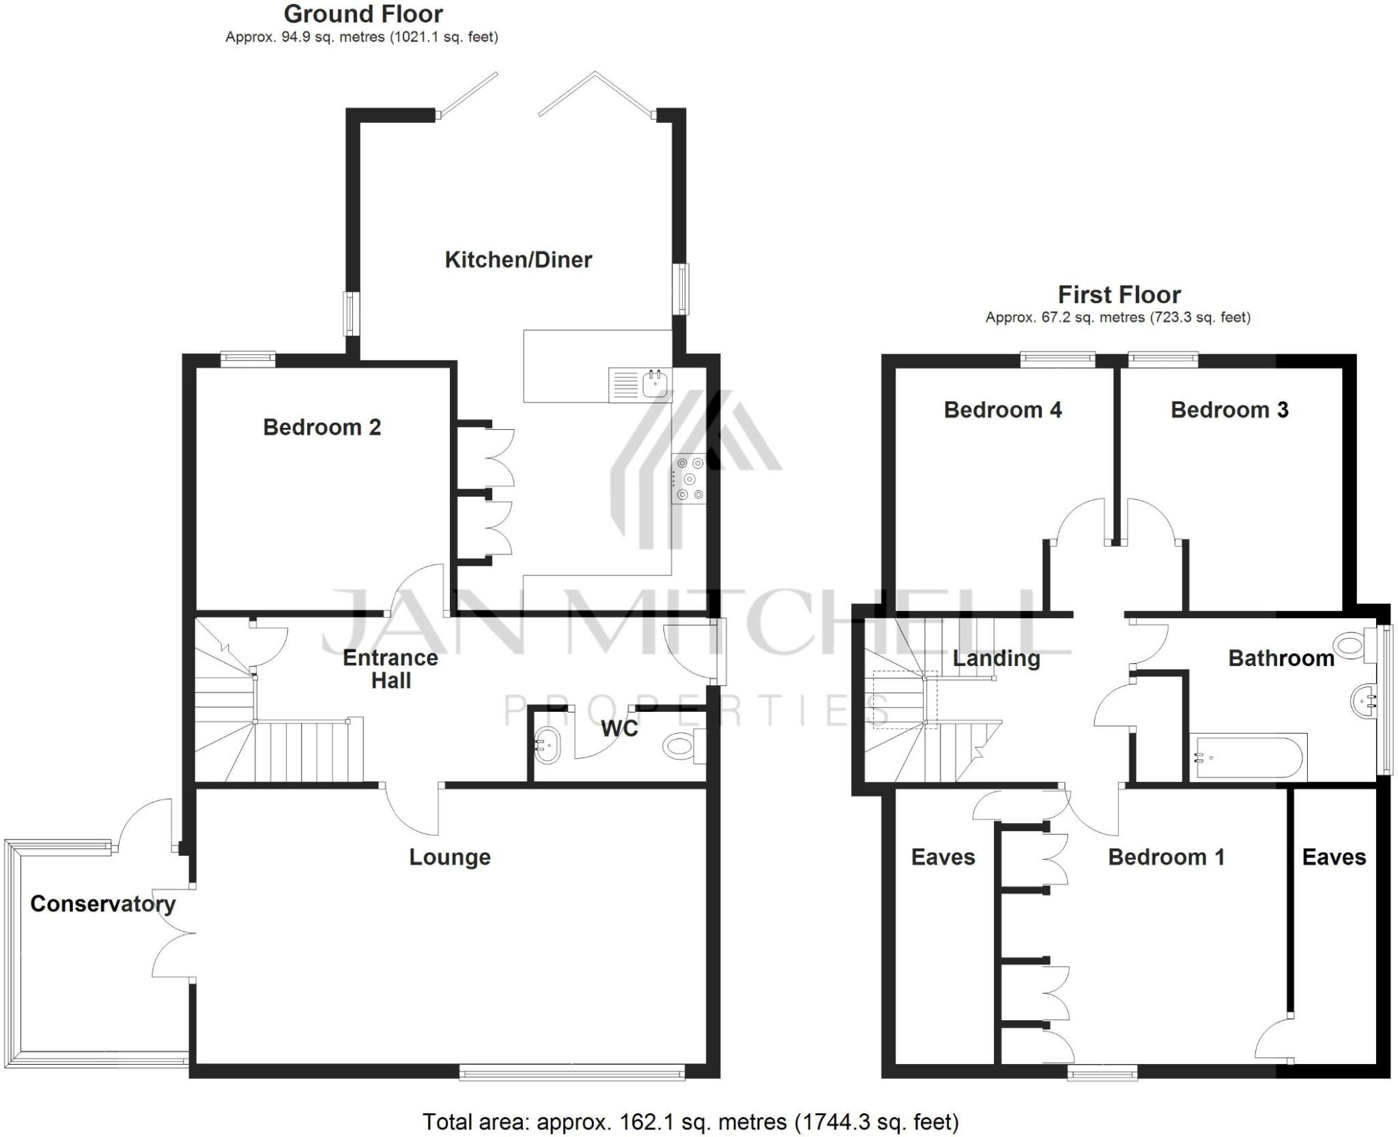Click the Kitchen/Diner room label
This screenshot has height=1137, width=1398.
[x=518, y=260]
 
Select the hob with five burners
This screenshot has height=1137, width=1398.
[x=689, y=479]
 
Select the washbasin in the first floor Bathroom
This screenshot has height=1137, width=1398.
[x=1364, y=701]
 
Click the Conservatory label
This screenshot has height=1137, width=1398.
[x=103, y=904]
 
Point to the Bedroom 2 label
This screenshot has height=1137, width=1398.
[x=322, y=428]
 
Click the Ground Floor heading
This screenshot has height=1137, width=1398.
[x=363, y=14]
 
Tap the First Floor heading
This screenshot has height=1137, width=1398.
[x=1119, y=295]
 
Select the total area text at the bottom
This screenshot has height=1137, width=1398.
[x=691, y=1122]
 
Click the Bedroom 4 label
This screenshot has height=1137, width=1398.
[x=1002, y=410]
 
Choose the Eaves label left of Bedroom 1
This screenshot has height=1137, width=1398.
[x=943, y=858]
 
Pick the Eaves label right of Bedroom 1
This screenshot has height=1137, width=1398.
[x=1334, y=858]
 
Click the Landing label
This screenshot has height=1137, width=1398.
[x=996, y=659]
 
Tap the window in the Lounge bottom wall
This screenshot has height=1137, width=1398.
[x=572, y=1074]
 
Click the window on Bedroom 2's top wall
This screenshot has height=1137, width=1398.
[x=248, y=358]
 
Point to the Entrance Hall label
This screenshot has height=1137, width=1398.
[x=390, y=670]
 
